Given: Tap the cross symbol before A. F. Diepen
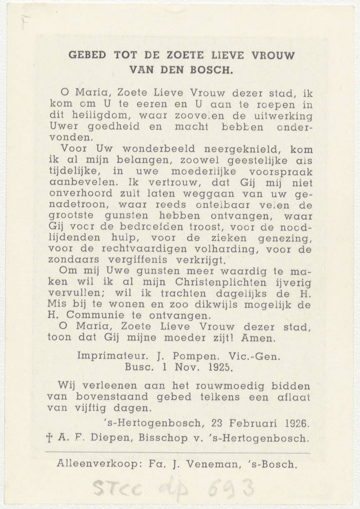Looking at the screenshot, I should [x=50, y=438].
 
